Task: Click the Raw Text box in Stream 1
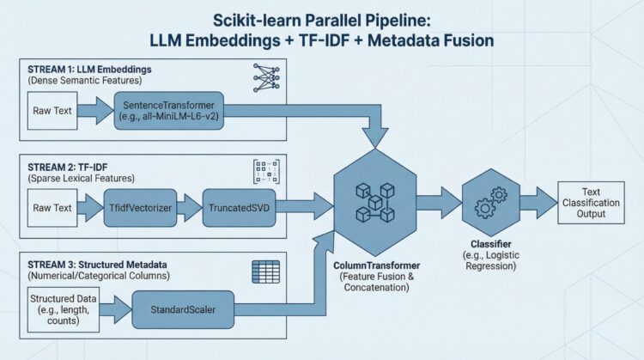[53, 109]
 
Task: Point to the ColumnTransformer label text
[374, 265]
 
